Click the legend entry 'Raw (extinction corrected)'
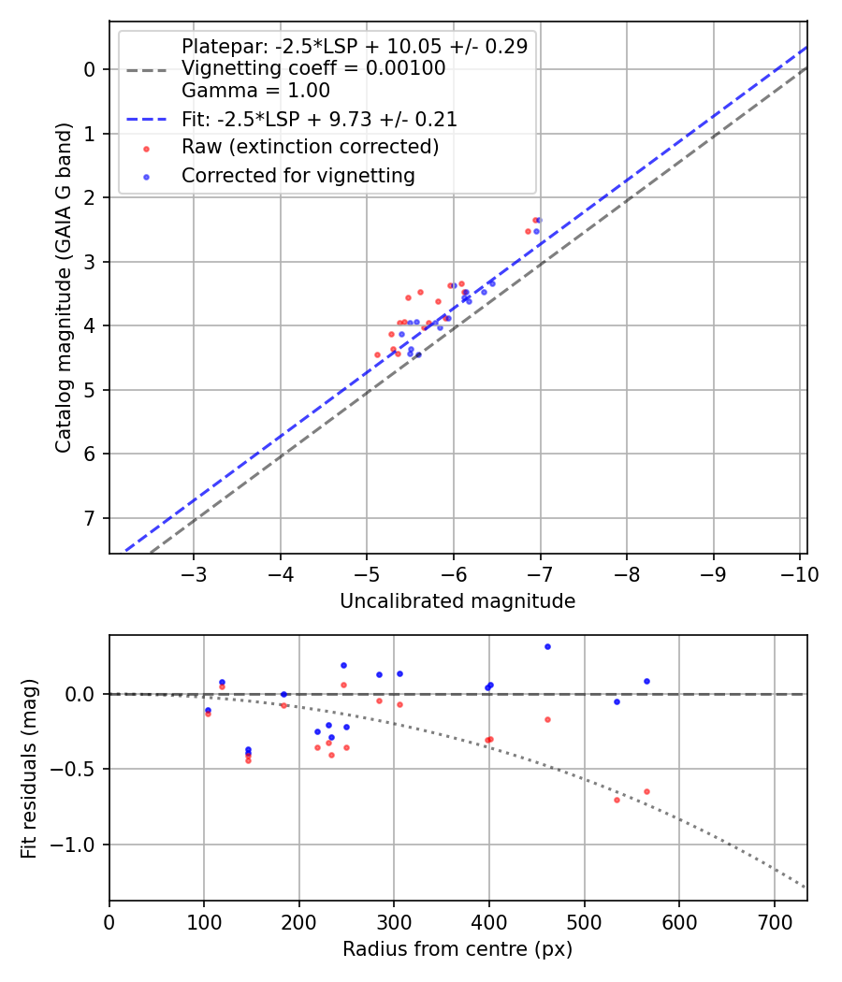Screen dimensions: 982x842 pyautogui.click(x=310, y=147)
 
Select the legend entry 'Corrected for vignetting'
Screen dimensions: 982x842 pyautogui.click(x=298, y=175)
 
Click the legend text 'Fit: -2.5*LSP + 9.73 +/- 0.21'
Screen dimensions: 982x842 pyautogui.click(x=319, y=120)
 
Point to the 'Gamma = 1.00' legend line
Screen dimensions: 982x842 pyautogui.click(x=255, y=91)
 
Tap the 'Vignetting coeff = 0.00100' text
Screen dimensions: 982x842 pyautogui.click(x=313, y=68)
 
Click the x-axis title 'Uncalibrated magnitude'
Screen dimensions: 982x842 pyautogui.click(x=457, y=600)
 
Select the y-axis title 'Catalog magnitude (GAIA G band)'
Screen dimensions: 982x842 pyautogui.click(x=63, y=286)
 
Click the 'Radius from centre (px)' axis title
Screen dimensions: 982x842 pyautogui.click(x=457, y=949)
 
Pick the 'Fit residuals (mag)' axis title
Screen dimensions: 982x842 pyautogui.click(x=30, y=768)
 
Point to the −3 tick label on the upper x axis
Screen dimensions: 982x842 pyautogui.click(x=194, y=574)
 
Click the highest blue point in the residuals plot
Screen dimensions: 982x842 pyautogui.click(x=547, y=646)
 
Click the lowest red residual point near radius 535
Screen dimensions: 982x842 pyautogui.click(x=617, y=800)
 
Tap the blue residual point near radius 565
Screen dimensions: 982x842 pyautogui.click(x=646, y=681)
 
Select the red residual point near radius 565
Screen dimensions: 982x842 pyautogui.click(x=646, y=791)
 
